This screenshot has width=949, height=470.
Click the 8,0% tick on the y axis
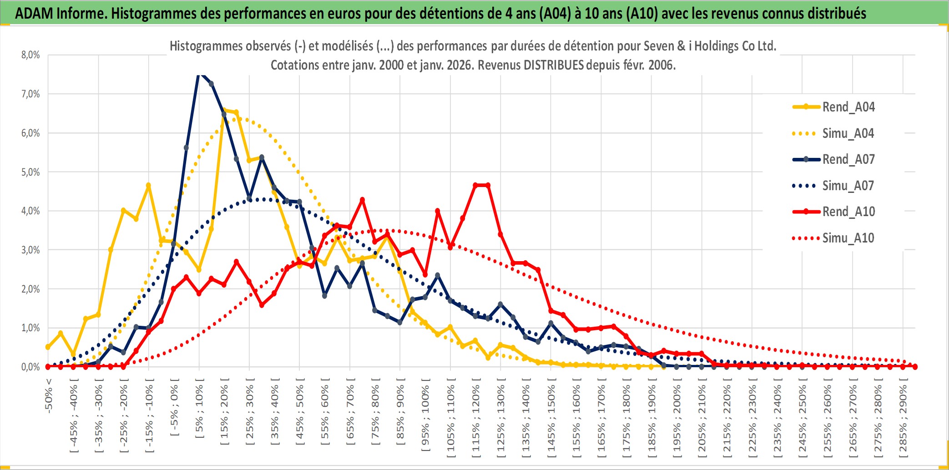pos(30,55)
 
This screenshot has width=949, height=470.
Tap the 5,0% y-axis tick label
pos(30,172)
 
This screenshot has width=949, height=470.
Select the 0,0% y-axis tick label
pos(30,367)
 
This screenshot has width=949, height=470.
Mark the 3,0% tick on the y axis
pos(30,250)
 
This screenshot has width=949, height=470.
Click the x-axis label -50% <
pos(49,395)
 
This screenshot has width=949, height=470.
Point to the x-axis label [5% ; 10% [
pos(199,411)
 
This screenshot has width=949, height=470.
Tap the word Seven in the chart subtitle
pos(656,46)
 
